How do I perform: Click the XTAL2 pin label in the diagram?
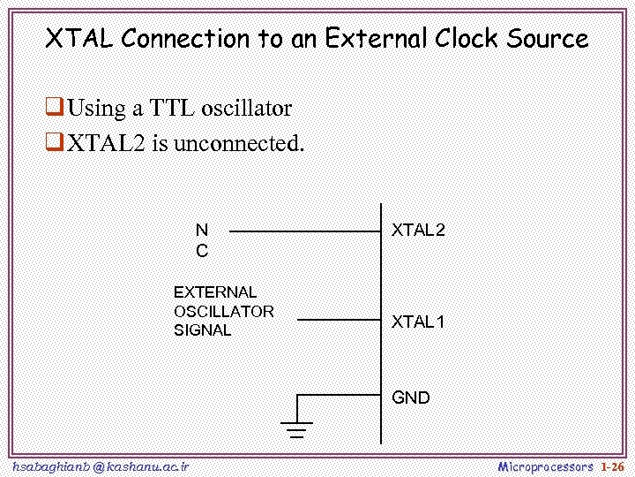click(x=418, y=231)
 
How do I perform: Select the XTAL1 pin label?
click(x=418, y=322)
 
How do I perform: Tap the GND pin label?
click(x=411, y=397)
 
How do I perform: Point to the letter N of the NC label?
click(x=202, y=231)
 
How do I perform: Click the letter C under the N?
click(x=202, y=251)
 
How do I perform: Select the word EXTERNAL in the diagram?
click(x=215, y=291)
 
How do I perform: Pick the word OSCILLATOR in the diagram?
click(x=224, y=311)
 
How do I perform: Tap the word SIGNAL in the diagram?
click(x=202, y=330)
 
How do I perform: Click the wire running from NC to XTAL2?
click(x=304, y=231)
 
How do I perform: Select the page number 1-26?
click(x=612, y=466)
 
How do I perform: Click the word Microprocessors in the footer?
click(x=546, y=466)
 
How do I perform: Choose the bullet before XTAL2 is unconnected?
click(x=54, y=143)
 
